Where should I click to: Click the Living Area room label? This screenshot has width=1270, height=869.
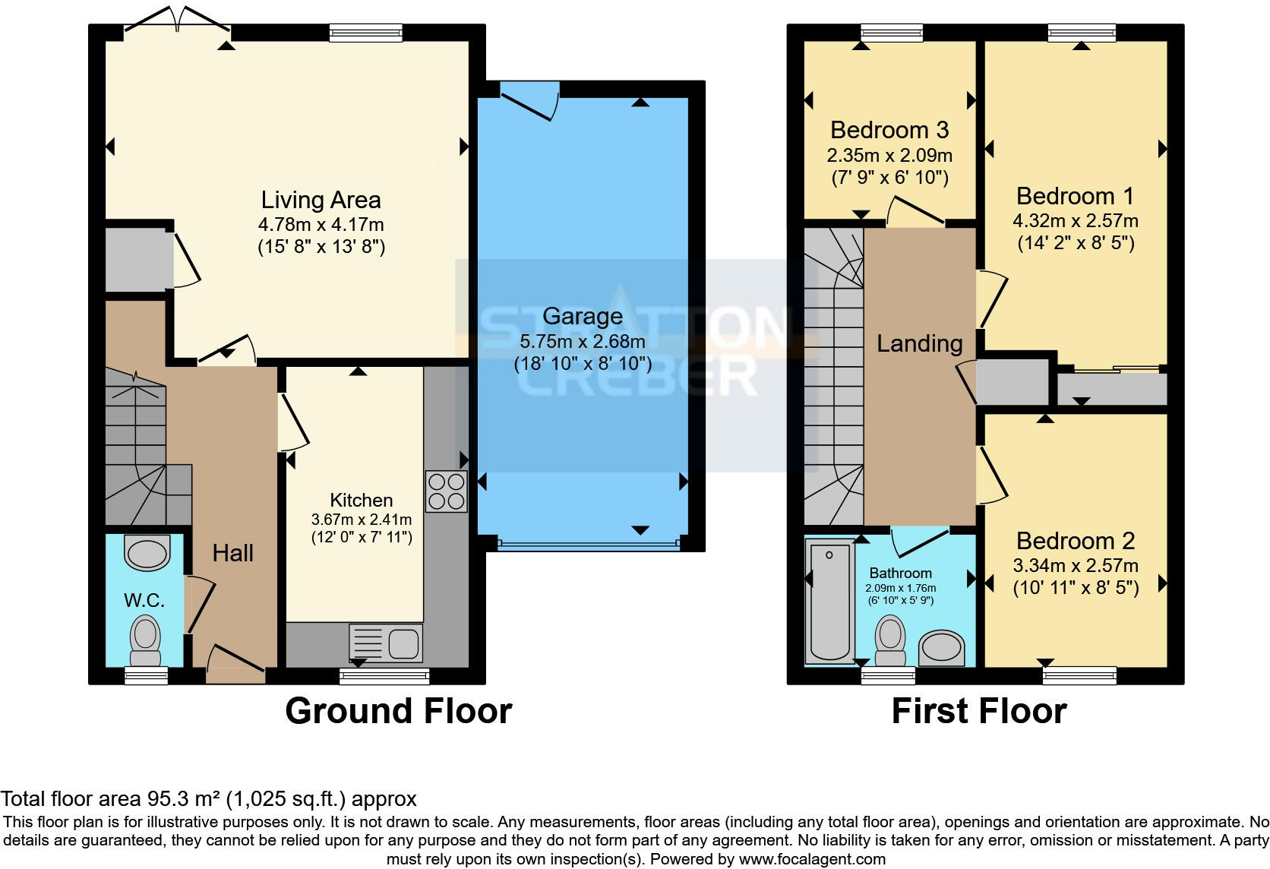point(321,200)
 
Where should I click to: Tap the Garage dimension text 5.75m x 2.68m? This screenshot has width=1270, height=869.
point(582,341)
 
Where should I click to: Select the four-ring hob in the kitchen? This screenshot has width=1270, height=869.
point(446,491)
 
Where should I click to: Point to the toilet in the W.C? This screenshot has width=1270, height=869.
point(145,639)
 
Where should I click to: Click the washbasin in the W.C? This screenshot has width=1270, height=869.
point(147,553)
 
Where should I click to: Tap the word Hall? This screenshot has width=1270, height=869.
point(232,553)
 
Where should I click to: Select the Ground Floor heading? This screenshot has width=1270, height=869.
point(398,711)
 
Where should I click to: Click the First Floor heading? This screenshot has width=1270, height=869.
point(978,711)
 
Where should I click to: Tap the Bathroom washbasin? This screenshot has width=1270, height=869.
point(941,648)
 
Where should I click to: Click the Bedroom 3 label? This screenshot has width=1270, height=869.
point(889,130)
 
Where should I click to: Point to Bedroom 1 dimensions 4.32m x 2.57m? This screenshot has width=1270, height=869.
point(1075,221)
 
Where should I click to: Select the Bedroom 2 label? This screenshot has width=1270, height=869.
point(1075,541)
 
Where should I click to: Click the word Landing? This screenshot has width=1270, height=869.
point(919,343)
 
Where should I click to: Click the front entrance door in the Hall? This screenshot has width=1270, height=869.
point(235,662)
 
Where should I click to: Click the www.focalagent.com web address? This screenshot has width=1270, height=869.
point(811,859)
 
